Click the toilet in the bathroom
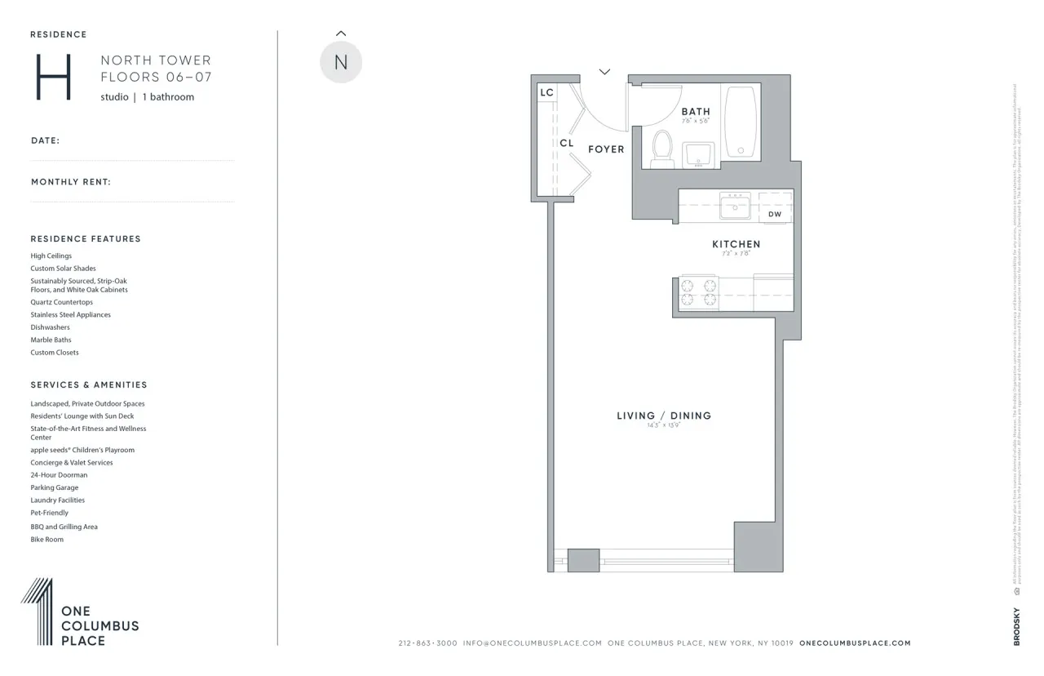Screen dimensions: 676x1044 pyautogui.click(x=661, y=149)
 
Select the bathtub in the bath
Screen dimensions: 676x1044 pyautogui.click(x=741, y=122)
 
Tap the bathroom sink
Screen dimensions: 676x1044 pyautogui.click(x=698, y=153)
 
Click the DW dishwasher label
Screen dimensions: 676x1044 pyautogui.click(x=775, y=215)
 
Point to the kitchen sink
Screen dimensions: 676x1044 pyautogui.click(x=736, y=207)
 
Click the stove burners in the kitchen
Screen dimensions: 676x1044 pyautogui.click(x=699, y=293)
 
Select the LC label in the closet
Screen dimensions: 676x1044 pyautogui.click(x=546, y=93)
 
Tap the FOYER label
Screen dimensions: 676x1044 pyautogui.click(x=606, y=149)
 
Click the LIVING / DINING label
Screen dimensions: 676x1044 pyautogui.click(x=664, y=416)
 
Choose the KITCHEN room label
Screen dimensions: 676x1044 pyautogui.click(x=736, y=244)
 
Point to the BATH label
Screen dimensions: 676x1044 pyautogui.click(x=696, y=112)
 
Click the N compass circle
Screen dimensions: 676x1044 pyautogui.click(x=341, y=63)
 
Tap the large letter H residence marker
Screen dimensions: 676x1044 pyautogui.click(x=54, y=78)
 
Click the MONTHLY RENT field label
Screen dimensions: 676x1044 pyautogui.click(x=71, y=182)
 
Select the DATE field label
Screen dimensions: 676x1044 pyautogui.click(x=46, y=140)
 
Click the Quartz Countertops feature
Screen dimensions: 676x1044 pyautogui.click(x=62, y=302)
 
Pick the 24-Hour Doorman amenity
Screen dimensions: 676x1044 pyautogui.click(x=59, y=475)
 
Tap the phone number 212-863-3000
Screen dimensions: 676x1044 pyautogui.click(x=427, y=643)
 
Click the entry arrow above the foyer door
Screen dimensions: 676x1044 pyautogui.click(x=604, y=72)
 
